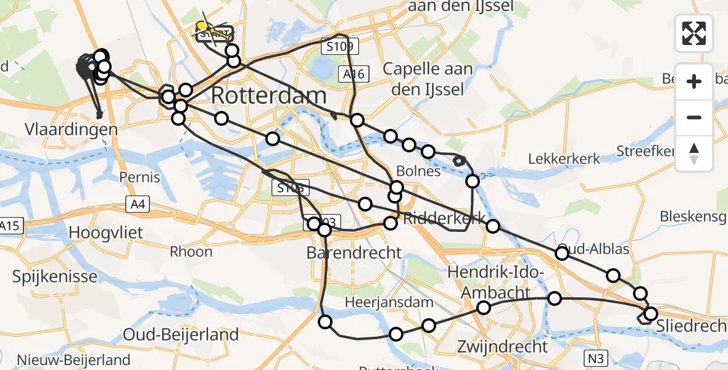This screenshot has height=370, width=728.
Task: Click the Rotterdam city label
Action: point(269,96)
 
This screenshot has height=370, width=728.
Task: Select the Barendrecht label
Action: point(354,253)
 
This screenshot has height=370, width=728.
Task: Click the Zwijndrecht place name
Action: point(502,346)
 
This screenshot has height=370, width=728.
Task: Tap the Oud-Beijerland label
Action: point(181,335)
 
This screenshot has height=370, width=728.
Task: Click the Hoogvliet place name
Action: point(106,232)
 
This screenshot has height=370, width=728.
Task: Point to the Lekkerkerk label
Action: point(564,159)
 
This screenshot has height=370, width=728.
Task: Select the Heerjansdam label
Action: point(389,303)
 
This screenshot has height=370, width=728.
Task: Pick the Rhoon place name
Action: point(191,251)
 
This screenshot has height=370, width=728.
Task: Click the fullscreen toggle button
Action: point(694,33)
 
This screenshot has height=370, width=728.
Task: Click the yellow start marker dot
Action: point(201,26)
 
